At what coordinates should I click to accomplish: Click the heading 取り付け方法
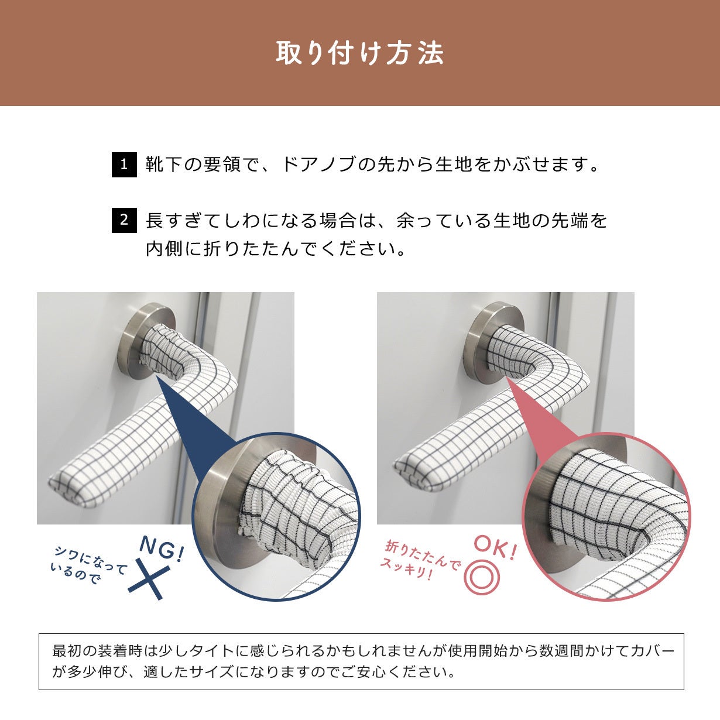coord(360,53)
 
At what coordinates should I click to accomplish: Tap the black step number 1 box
coord(124,164)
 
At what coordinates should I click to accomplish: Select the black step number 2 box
coord(124,220)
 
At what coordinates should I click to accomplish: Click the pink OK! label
coord(495,548)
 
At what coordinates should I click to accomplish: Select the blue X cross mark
coord(149,582)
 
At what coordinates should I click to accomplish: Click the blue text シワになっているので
coord(90,564)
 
